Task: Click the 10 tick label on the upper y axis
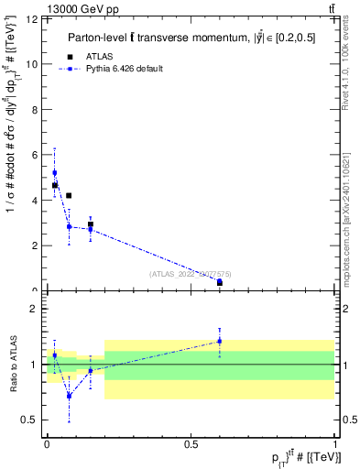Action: pyautogui.click(x=35, y=64)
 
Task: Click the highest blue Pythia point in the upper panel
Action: pyautogui.click(x=54, y=172)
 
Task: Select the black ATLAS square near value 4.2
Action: pyautogui.click(x=69, y=195)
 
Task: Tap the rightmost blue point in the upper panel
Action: pyautogui.click(x=219, y=282)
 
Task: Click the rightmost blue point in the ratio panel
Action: pyautogui.click(x=219, y=341)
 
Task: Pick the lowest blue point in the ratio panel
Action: pyautogui.click(x=69, y=396)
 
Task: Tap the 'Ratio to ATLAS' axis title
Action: pyautogui.click(x=12, y=364)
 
